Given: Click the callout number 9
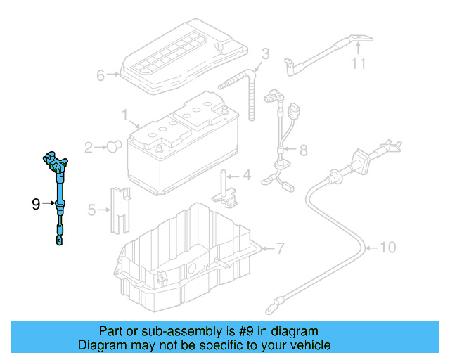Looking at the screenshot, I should pyautogui.click(x=36, y=205).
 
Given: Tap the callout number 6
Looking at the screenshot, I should pyautogui.click(x=100, y=75).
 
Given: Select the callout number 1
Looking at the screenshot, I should pyautogui.click(x=124, y=113).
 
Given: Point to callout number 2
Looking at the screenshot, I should pyautogui.click(x=89, y=148).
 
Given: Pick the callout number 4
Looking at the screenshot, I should pyautogui.click(x=246, y=176).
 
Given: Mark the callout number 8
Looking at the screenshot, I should pyautogui.click(x=303, y=150).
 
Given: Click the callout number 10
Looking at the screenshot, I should pyautogui.click(x=388, y=247).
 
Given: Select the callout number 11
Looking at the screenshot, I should pyautogui.click(x=359, y=65).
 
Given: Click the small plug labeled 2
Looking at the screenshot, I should pyautogui.click(x=112, y=146).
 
